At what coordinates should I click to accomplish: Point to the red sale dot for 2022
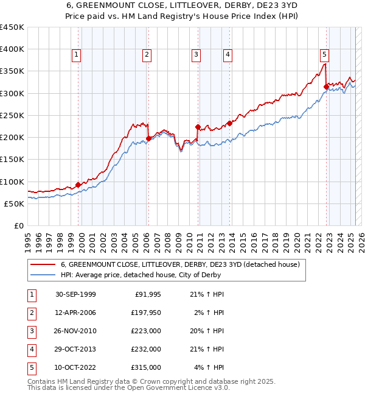tap(326, 87)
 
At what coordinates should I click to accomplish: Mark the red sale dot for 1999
tap(78, 185)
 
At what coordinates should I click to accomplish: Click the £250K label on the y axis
tap(12, 115)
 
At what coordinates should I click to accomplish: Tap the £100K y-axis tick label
tap(12, 182)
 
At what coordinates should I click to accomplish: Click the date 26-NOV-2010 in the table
tap(75, 331)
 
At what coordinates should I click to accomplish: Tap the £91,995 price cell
tap(147, 294)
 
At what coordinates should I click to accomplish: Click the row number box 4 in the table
tap(31, 349)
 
